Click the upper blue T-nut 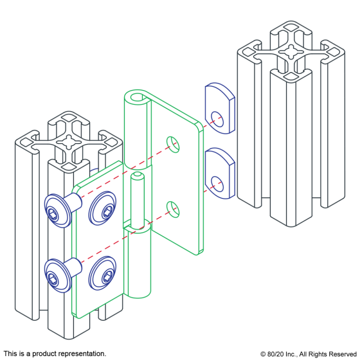[x=220, y=109]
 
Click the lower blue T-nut [x=220, y=174]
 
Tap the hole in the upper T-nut [x=217, y=120]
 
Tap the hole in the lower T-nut [x=217, y=184]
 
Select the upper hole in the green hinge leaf [x=173, y=145]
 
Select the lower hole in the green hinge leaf [x=173, y=210]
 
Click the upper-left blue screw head [x=57, y=212]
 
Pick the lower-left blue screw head [x=57, y=276]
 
